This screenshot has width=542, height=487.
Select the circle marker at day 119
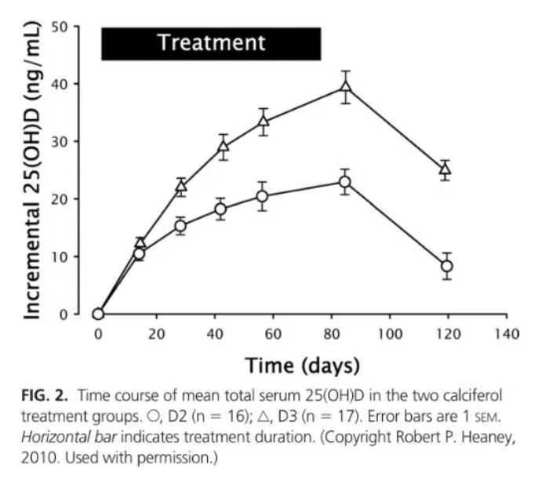(446, 266)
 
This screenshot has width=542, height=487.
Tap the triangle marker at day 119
(446, 169)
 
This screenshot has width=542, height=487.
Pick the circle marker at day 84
(344, 182)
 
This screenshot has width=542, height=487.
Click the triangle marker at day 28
(181, 187)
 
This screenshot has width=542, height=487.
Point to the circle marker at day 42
(221, 209)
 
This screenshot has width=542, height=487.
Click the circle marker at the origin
(98, 314)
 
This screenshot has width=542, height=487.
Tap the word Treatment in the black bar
(211, 42)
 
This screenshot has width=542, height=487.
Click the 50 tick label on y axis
(69, 26)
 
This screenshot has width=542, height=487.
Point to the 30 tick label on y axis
(69, 141)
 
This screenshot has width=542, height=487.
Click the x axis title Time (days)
(302, 365)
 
